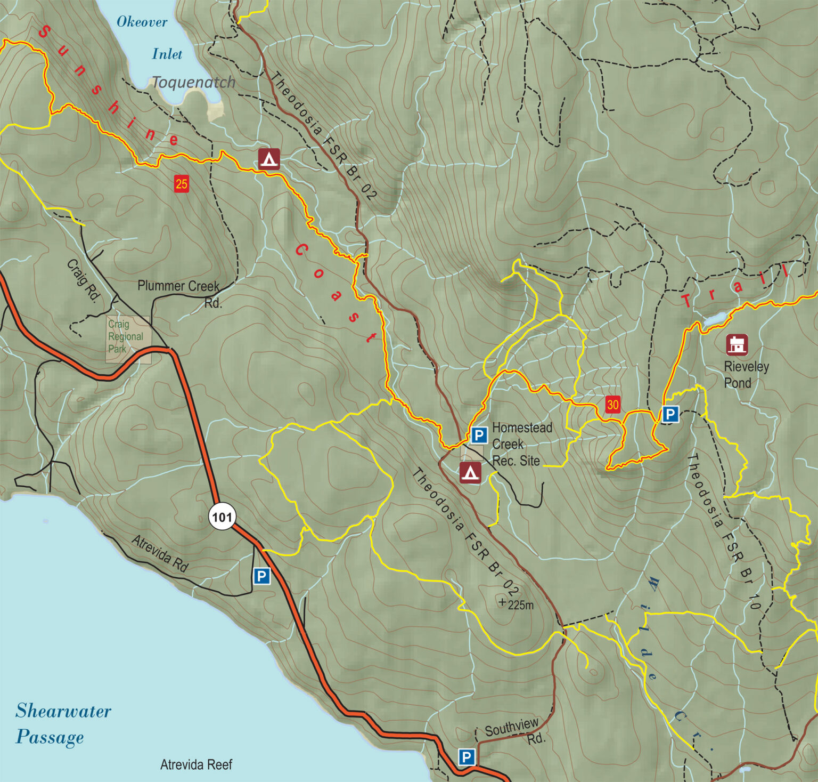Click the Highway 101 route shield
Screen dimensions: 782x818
[222, 517]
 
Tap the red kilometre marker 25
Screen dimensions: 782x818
[182, 184]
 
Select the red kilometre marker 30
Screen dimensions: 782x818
[612, 405]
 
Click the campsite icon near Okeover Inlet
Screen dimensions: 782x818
[269, 159]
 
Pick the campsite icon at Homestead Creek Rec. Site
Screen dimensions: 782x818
[470, 473]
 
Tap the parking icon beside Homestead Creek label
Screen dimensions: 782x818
[479, 435]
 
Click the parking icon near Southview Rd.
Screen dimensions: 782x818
[467, 757]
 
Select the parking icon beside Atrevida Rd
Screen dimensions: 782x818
[261, 576]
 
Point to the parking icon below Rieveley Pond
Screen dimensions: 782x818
[670, 414]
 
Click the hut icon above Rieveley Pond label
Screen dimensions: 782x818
[737, 344]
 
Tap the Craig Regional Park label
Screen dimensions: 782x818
[126, 336]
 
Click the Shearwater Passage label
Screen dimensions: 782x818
[63, 723]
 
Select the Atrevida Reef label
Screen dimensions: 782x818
[196, 765]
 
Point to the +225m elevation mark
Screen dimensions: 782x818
[516, 604]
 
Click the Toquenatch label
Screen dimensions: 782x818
[194, 82]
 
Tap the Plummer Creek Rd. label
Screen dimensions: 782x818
[179, 293]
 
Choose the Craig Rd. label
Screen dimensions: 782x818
[84, 280]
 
